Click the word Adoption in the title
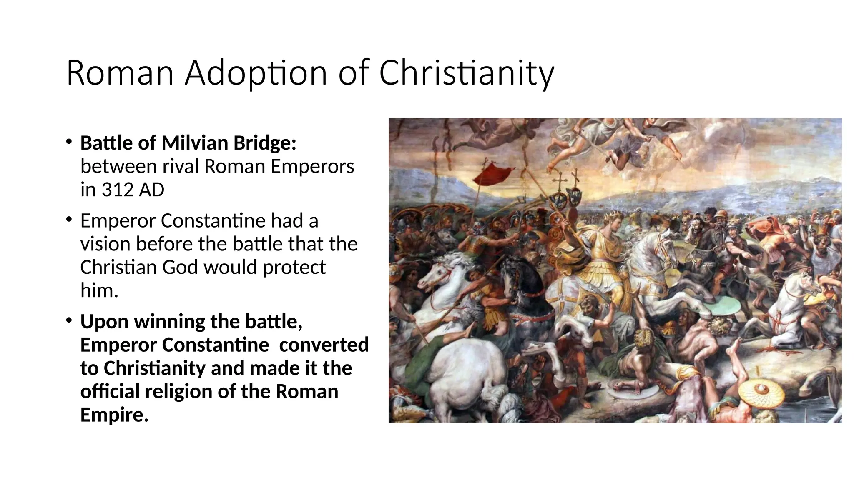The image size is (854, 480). (x=256, y=73)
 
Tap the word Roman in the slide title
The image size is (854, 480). (x=120, y=73)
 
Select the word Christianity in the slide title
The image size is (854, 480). (x=467, y=73)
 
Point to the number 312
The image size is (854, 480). (x=118, y=190)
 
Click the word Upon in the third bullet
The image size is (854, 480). (x=104, y=321)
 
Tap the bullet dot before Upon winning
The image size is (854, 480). (x=69, y=320)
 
